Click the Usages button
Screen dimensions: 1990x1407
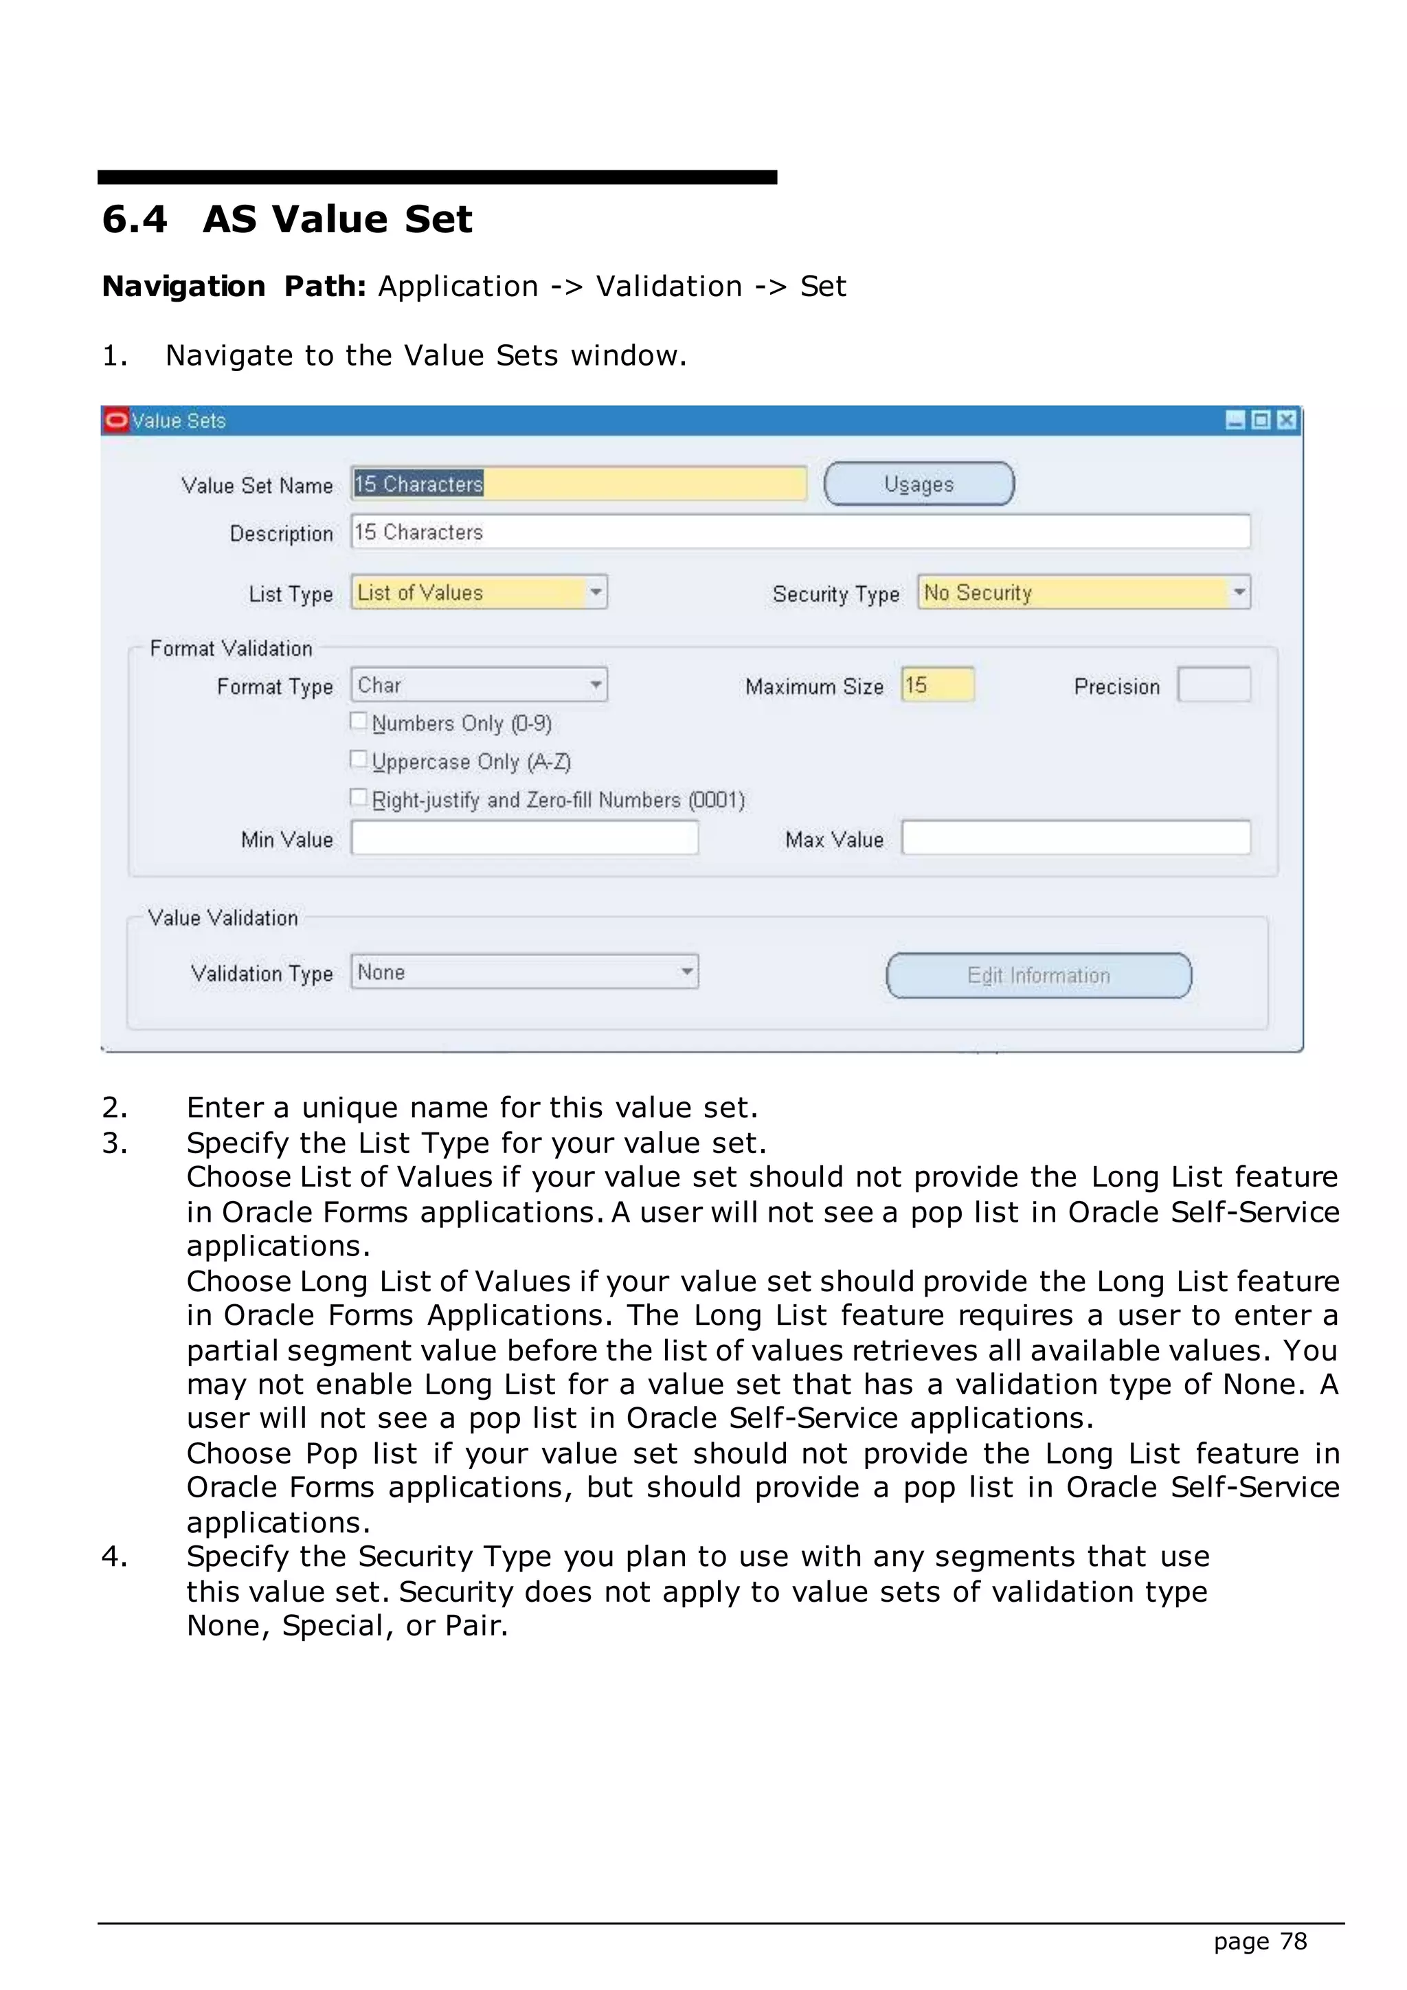click(919, 484)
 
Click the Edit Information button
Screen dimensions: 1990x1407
click(1038, 975)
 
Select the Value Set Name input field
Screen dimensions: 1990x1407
click(578, 484)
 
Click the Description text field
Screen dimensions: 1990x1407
click(800, 531)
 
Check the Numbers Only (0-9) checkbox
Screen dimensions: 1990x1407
click(359, 721)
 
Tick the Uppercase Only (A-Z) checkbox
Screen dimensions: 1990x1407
click(359, 759)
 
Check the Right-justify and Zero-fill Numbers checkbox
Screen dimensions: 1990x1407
click(359, 797)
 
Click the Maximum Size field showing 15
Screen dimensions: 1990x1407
click(937, 684)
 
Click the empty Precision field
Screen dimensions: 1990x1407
click(1214, 684)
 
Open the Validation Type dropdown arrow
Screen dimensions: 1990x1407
click(686, 972)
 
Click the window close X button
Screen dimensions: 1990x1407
click(1287, 421)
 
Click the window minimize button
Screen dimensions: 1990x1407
click(1235, 421)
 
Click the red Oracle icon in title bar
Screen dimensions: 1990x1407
click(116, 421)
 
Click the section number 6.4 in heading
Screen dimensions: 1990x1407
click(134, 219)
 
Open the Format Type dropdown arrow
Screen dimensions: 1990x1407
click(596, 684)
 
